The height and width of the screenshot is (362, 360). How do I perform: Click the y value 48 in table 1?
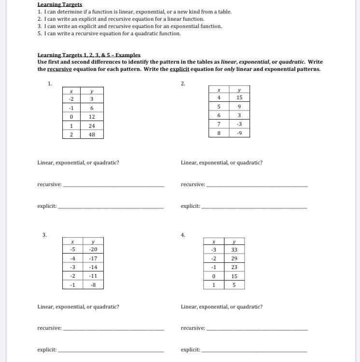tap(92, 134)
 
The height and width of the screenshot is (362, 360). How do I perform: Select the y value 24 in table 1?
tap(92, 126)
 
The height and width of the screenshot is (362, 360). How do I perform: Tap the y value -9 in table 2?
tap(239, 133)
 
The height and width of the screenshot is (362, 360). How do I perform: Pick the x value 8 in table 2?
tap(219, 133)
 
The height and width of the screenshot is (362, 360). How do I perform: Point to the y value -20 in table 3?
tap(93, 249)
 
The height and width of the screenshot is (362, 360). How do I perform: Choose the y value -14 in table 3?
tap(93, 267)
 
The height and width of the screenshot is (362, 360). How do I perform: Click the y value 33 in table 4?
tap(234, 250)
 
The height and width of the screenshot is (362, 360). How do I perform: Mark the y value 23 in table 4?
tap(234, 267)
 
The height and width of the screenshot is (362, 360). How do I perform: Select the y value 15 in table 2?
tap(239, 97)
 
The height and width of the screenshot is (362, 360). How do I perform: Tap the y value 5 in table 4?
tap(234, 285)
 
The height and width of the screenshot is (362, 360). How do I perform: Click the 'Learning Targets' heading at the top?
tap(60, 4)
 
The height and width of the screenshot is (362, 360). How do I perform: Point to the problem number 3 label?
tap(44, 235)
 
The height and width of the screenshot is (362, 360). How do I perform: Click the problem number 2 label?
tap(183, 83)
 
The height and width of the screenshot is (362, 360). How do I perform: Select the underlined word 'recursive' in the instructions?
tap(59, 69)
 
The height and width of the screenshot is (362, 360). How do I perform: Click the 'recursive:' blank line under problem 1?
tap(113, 186)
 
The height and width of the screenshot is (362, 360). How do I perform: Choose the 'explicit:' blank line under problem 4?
tap(254, 351)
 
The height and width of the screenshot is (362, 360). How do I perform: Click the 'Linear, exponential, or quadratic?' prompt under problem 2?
tap(222, 162)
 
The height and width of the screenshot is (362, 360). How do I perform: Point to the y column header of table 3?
tap(93, 241)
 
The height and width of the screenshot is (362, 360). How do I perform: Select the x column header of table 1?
tap(71, 91)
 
